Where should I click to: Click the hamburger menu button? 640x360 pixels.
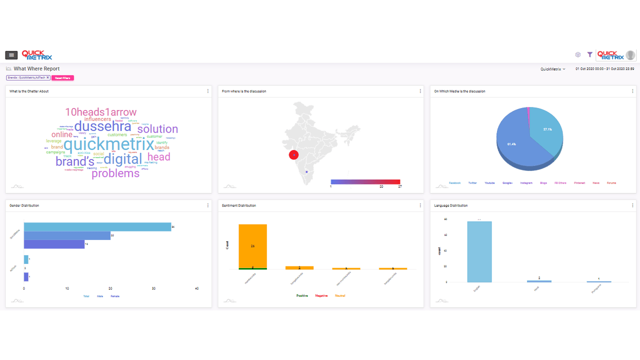pos(11,55)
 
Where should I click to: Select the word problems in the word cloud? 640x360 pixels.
pos(115,173)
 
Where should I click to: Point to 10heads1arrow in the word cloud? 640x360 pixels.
pos(100,112)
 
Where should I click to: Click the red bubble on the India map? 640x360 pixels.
pos(294,155)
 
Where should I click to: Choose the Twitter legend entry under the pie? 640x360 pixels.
pos(472,183)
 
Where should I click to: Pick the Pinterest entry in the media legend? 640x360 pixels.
pos(579,183)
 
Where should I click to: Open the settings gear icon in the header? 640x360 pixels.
pos(578,54)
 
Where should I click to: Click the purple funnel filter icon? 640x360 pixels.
pos(590,54)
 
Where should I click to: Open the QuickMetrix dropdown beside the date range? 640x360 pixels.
pos(552,69)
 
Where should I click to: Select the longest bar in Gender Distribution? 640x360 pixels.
pos(97,227)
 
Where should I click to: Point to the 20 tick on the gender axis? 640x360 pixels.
pos(110,288)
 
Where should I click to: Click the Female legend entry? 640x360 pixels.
pos(115,296)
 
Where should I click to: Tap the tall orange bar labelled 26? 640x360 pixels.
pos(252,246)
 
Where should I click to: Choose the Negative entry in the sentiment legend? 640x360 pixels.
pos(321,296)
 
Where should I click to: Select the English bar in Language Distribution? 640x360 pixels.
pos(479,251)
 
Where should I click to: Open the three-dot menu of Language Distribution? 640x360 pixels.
pos(632,205)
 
